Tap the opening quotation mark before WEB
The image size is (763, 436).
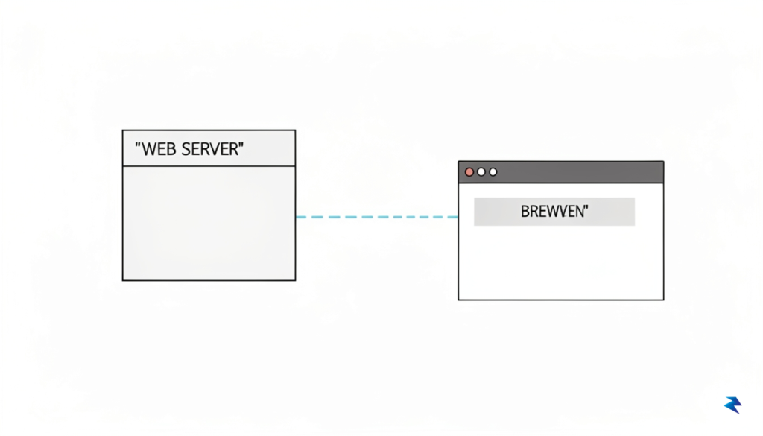point(138,145)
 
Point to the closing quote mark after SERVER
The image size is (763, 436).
point(241,145)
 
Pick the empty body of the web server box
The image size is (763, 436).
point(209,223)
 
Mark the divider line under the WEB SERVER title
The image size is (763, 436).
point(209,166)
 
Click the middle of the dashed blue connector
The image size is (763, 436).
point(376,217)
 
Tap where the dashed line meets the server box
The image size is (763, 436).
point(296,217)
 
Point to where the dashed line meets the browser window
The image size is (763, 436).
point(458,217)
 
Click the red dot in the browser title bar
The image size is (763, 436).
point(469,171)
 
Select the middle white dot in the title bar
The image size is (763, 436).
point(481,171)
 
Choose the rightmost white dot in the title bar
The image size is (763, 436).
point(493,171)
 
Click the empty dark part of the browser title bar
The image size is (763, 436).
point(579,172)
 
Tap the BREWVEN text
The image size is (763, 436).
point(554,212)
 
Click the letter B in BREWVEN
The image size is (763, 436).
point(525,212)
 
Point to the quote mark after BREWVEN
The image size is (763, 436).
point(586,208)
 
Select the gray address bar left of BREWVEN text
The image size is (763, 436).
point(496,212)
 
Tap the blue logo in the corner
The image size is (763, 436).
point(733,405)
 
